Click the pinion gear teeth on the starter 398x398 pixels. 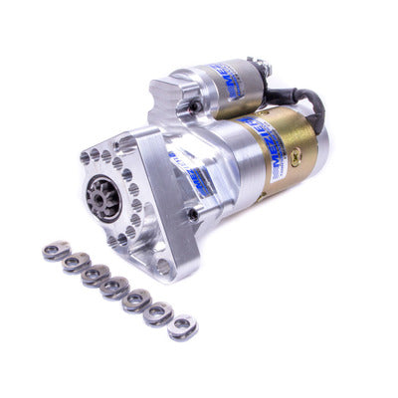pyautogui.click(x=105, y=197)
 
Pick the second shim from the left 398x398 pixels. pyautogui.click(x=75, y=264)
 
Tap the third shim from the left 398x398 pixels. pyautogui.click(x=96, y=276)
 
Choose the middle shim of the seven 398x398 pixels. pyautogui.click(x=114, y=289)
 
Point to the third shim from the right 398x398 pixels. pyautogui.click(x=136, y=300)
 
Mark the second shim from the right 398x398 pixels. pyautogui.click(x=157, y=313)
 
